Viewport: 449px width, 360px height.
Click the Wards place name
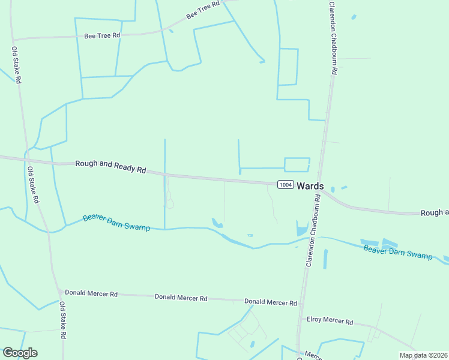point(310,186)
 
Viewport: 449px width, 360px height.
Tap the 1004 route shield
point(285,185)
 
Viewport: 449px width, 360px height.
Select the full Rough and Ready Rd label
point(111,166)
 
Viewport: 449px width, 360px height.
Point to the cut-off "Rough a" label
point(435,212)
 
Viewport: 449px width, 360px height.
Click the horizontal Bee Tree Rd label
point(102,35)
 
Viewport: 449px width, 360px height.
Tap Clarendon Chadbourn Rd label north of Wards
point(333,38)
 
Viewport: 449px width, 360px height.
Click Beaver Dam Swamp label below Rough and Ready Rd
point(116,223)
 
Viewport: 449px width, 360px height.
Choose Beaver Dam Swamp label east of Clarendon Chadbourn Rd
point(398,251)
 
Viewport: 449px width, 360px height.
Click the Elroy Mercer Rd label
point(330,320)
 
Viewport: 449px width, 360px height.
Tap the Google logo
point(19,353)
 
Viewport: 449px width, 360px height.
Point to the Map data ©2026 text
point(423,355)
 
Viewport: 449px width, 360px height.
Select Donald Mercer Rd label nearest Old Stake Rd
point(91,293)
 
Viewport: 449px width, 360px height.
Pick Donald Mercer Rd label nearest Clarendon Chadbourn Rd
point(271,302)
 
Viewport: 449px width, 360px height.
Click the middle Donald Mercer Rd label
point(181,298)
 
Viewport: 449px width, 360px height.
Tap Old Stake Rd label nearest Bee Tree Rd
point(17,65)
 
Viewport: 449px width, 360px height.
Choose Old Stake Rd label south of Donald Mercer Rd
point(62,321)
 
